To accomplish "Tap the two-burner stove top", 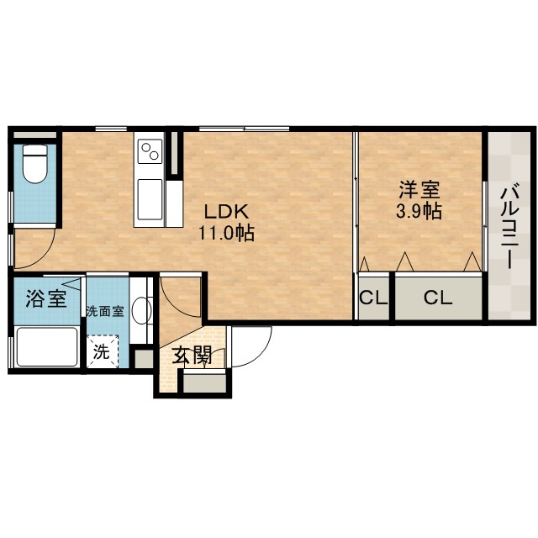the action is click(x=150, y=151).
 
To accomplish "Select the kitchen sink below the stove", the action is click(x=150, y=200).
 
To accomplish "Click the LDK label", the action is click(x=226, y=212).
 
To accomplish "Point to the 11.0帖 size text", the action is click(x=226, y=233).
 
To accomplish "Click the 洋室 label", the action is click(x=419, y=190).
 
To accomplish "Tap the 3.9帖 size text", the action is click(x=419, y=211).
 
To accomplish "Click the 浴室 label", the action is click(x=46, y=298).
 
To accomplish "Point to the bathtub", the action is click(x=47, y=347).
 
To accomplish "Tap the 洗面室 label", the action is click(x=104, y=311).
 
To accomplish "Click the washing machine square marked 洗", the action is click(x=102, y=351).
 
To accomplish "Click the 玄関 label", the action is click(x=192, y=356).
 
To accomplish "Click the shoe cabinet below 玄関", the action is click(x=205, y=383).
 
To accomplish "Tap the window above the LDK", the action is click(x=244, y=129).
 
